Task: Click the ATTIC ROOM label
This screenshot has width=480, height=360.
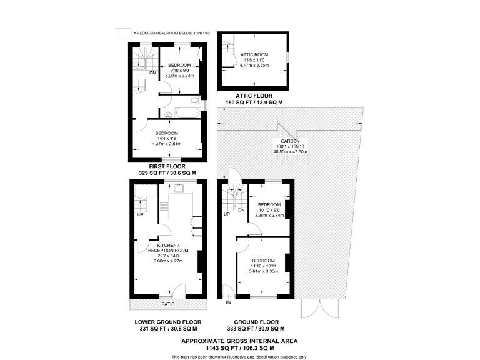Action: pos(253,55)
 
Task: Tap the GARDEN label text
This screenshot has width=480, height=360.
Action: pos(288,141)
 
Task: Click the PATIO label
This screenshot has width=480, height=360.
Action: pos(167,304)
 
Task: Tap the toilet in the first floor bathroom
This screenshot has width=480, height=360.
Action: pos(194,101)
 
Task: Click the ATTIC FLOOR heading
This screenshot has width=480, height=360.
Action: pos(254,96)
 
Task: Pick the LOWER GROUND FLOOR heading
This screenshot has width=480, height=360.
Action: pos(167,322)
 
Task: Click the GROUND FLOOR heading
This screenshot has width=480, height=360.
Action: pos(256,322)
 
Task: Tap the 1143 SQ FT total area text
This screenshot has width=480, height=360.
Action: pos(239,347)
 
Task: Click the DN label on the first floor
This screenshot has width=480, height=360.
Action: pos(152,72)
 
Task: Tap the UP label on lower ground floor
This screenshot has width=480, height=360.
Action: pos(140,216)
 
